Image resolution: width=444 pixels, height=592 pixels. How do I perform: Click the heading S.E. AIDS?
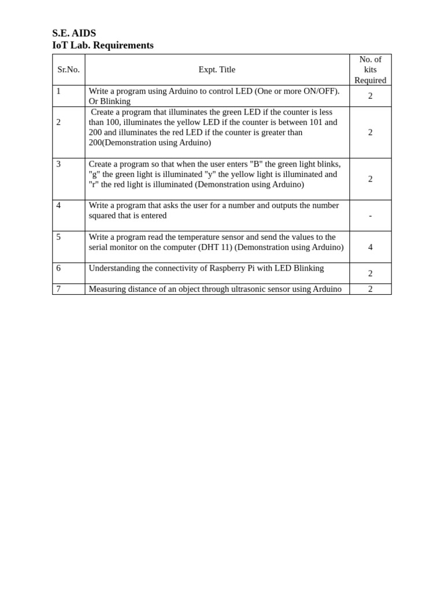[74, 33]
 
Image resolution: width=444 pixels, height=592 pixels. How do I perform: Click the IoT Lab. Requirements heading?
[103, 45]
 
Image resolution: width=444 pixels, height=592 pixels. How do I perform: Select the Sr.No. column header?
[68, 69]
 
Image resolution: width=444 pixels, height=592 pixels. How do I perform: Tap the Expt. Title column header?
[217, 69]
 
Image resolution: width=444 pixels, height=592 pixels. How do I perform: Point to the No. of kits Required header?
[370, 69]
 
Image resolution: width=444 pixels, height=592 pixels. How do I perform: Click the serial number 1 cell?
[58, 91]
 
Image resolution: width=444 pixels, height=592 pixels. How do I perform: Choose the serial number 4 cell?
[58, 205]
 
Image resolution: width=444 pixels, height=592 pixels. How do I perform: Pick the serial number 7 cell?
[58, 289]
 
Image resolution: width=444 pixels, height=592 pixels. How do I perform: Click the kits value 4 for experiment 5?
[370, 247]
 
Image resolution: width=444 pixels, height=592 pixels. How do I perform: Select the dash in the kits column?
[370, 216]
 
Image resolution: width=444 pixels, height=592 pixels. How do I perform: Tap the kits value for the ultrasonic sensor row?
[370, 289]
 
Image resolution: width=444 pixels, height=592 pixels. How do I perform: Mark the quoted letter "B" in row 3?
[256, 164]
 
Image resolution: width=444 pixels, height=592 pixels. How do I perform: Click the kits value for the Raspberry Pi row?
[370, 273]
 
